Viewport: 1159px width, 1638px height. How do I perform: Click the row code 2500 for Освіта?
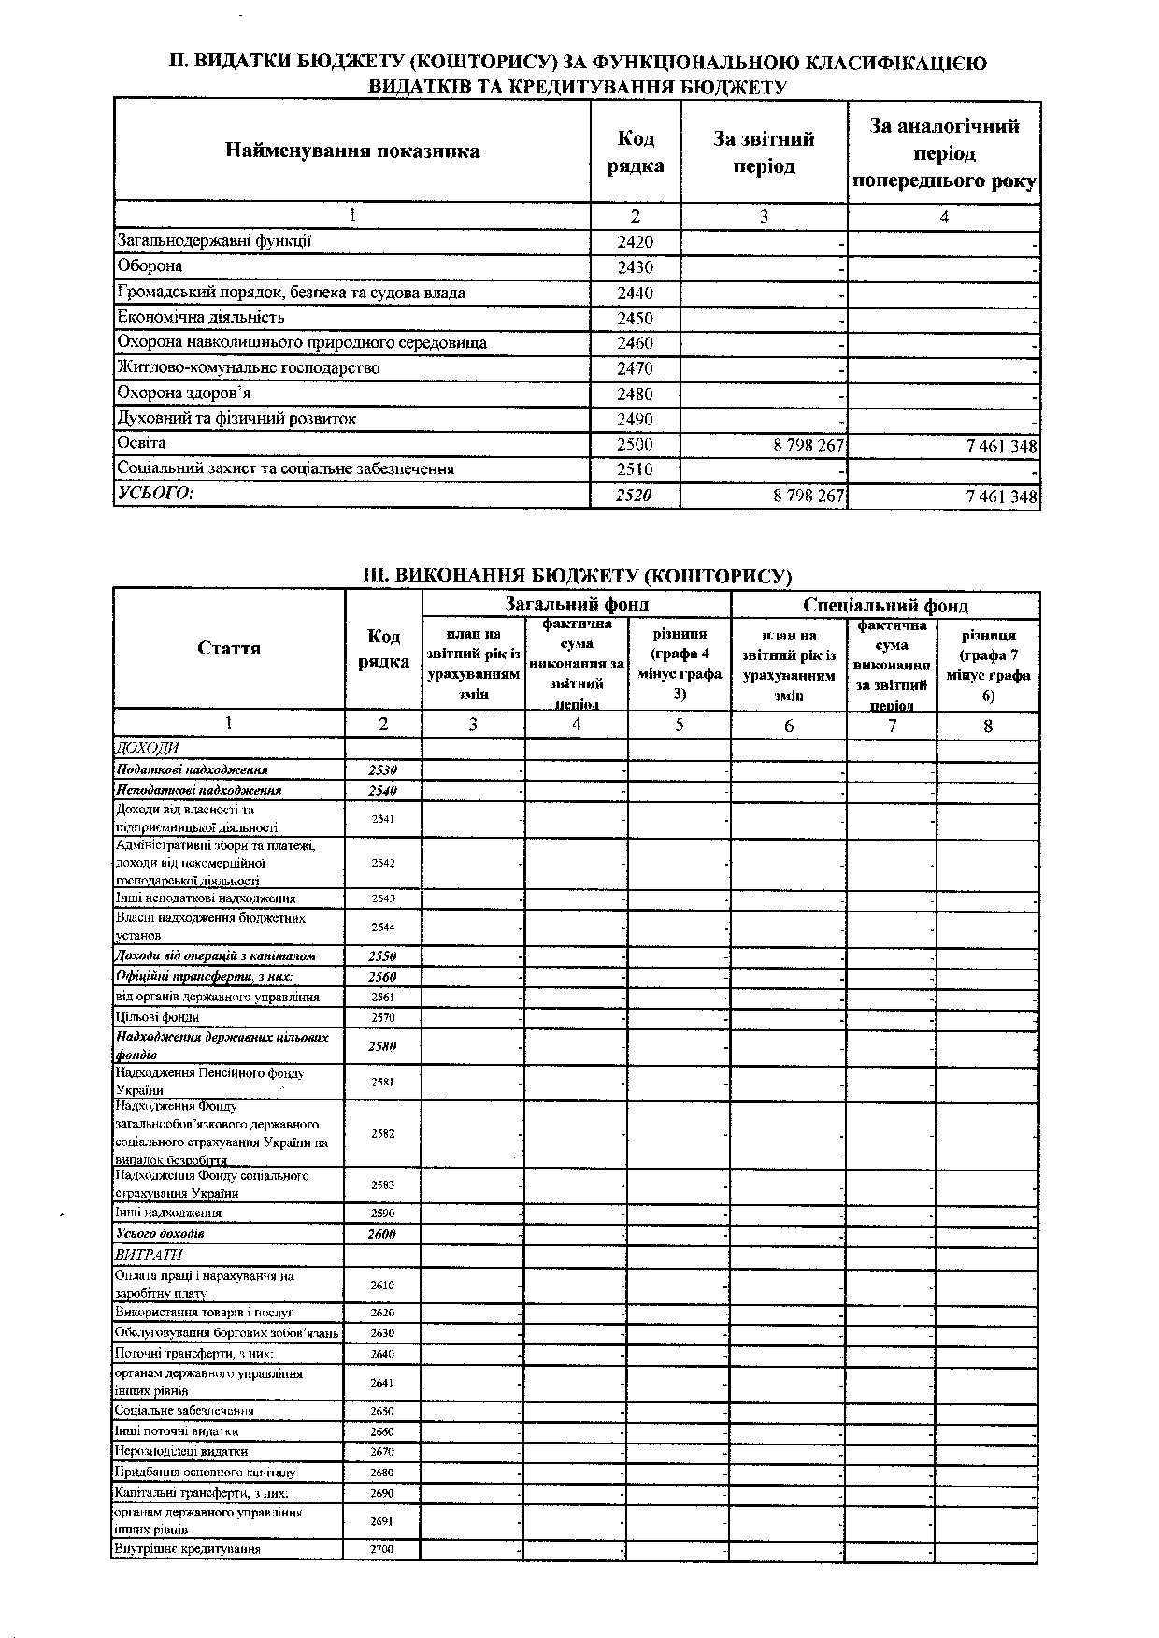point(635,445)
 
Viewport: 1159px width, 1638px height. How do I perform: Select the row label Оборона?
point(149,266)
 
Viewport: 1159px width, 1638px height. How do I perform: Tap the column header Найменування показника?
point(352,151)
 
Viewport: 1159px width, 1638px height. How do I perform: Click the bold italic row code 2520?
point(635,496)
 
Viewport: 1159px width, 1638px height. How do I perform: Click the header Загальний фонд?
point(577,605)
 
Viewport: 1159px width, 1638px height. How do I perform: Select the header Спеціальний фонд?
point(885,606)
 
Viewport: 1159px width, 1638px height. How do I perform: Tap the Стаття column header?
point(229,648)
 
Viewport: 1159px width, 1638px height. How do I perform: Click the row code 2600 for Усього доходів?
point(382,1234)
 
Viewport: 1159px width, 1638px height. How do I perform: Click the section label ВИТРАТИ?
point(148,1255)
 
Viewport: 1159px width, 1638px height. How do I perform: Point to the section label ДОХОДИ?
point(146,748)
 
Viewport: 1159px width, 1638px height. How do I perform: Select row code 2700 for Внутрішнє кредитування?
point(382,1549)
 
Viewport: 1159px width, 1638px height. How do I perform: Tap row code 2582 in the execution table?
point(382,1134)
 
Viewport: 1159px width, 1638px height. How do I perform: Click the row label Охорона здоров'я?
point(183,394)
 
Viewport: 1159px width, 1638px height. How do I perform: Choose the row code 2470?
point(635,368)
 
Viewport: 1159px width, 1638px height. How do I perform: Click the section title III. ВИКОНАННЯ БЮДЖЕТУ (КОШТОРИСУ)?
point(577,575)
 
